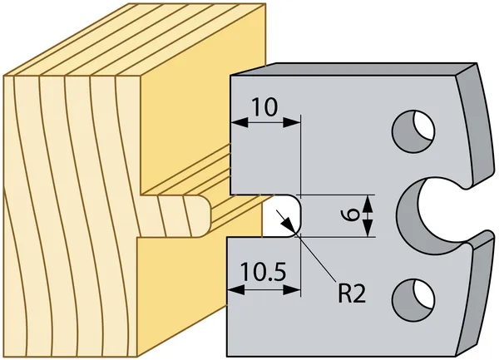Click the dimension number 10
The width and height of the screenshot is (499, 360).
[x=264, y=107]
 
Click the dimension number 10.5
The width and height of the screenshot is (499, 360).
[x=263, y=272]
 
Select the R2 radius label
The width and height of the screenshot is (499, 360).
[x=352, y=293]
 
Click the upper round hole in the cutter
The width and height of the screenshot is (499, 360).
[x=413, y=131]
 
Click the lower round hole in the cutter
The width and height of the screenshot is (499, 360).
[x=413, y=299]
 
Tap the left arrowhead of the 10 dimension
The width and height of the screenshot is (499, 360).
[x=240, y=122]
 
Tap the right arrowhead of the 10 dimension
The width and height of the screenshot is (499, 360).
[x=291, y=122]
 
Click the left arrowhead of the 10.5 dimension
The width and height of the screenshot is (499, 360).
[x=236, y=289]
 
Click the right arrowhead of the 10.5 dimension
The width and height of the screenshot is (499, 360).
[x=292, y=289]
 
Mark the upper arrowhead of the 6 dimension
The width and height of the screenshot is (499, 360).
[x=368, y=204]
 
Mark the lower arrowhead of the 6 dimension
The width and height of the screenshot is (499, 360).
[x=368, y=229]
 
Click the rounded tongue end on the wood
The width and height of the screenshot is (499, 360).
[x=204, y=216]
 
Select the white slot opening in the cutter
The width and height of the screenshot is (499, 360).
[x=282, y=215]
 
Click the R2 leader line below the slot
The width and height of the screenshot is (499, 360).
[x=317, y=259]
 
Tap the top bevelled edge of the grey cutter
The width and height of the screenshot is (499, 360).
[x=353, y=69]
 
